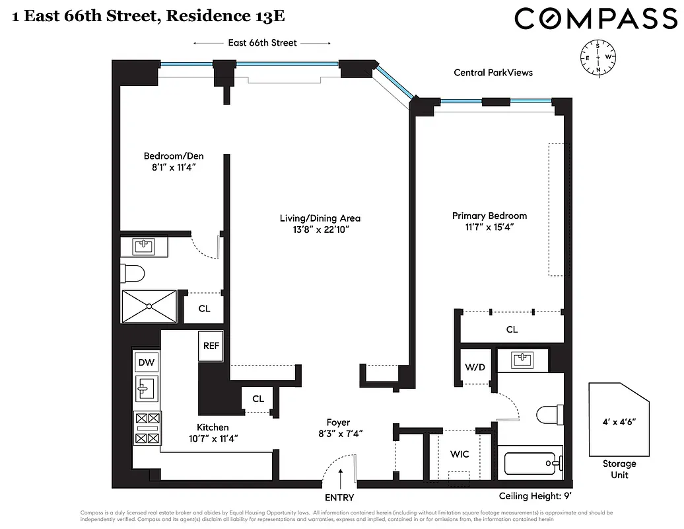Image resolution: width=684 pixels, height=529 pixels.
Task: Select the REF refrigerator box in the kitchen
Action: [211, 346]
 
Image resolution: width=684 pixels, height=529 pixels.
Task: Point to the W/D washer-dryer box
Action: [475, 366]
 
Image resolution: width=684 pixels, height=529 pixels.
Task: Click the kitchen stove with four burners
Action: [147, 428]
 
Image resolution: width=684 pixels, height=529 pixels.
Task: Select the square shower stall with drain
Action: [149, 306]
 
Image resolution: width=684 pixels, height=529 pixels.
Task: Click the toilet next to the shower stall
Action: [133, 272]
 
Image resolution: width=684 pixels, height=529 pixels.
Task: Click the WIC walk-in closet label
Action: [460, 454]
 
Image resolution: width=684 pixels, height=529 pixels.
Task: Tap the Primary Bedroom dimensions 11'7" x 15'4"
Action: [489, 227]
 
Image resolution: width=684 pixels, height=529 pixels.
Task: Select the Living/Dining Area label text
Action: [320, 218]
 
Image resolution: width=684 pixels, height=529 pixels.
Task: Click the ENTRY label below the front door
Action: [339, 497]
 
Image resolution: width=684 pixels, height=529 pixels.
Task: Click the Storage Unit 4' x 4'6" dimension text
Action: [619, 421]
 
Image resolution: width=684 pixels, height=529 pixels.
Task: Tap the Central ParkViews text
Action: [493, 73]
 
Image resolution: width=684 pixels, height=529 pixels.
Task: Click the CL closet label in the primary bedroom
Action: [511, 329]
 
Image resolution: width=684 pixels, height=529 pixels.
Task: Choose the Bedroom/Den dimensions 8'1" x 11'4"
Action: [174, 168]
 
